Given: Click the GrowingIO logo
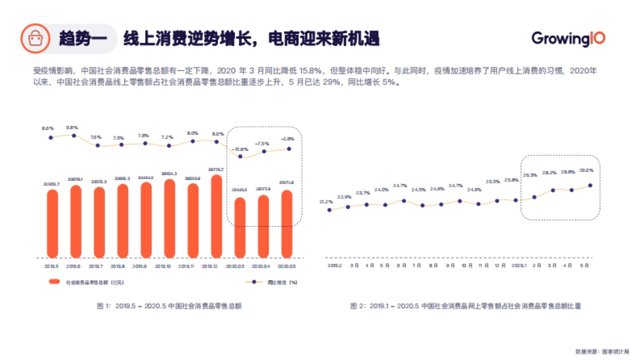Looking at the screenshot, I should (568, 38).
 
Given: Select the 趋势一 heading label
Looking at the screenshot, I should (83, 39).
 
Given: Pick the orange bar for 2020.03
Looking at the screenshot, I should (240, 227).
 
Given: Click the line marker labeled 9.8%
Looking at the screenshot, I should (74, 135).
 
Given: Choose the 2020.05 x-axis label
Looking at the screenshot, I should (287, 266).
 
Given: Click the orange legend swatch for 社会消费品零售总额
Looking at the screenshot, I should (54, 282).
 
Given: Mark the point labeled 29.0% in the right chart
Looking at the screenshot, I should (590, 186).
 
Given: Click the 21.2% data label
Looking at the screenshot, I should (326, 202).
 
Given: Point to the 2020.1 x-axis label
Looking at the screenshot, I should (518, 265).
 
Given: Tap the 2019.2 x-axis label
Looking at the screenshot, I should (334, 265).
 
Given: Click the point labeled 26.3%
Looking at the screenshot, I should (534, 197).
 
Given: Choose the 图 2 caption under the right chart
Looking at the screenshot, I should (465, 306).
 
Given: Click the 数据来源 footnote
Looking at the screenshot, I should (602, 351).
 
